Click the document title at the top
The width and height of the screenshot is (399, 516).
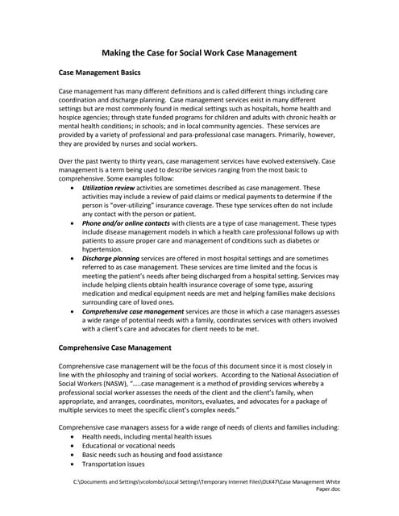coord(199,53)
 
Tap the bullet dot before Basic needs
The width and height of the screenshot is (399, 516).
coord(73,455)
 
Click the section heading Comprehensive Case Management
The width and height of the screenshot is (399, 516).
coord(115,347)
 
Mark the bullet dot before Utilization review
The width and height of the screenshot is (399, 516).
coord(73,187)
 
